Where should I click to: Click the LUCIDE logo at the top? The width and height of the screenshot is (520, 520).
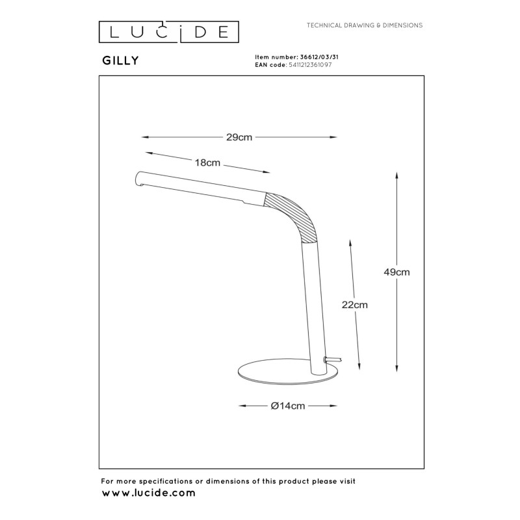(x=168, y=31)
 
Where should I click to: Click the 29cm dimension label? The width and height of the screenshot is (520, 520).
(x=239, y=137)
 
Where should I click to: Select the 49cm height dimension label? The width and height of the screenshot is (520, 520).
(x=396, y=272)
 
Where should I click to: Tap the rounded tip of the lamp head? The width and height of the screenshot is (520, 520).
(x=138, y=178)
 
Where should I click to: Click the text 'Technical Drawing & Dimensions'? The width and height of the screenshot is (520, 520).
(x=365, y=25)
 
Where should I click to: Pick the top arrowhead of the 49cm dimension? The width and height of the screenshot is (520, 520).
(x=396, y=174)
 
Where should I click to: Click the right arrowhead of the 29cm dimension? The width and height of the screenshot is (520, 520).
(x=335, y=137)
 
